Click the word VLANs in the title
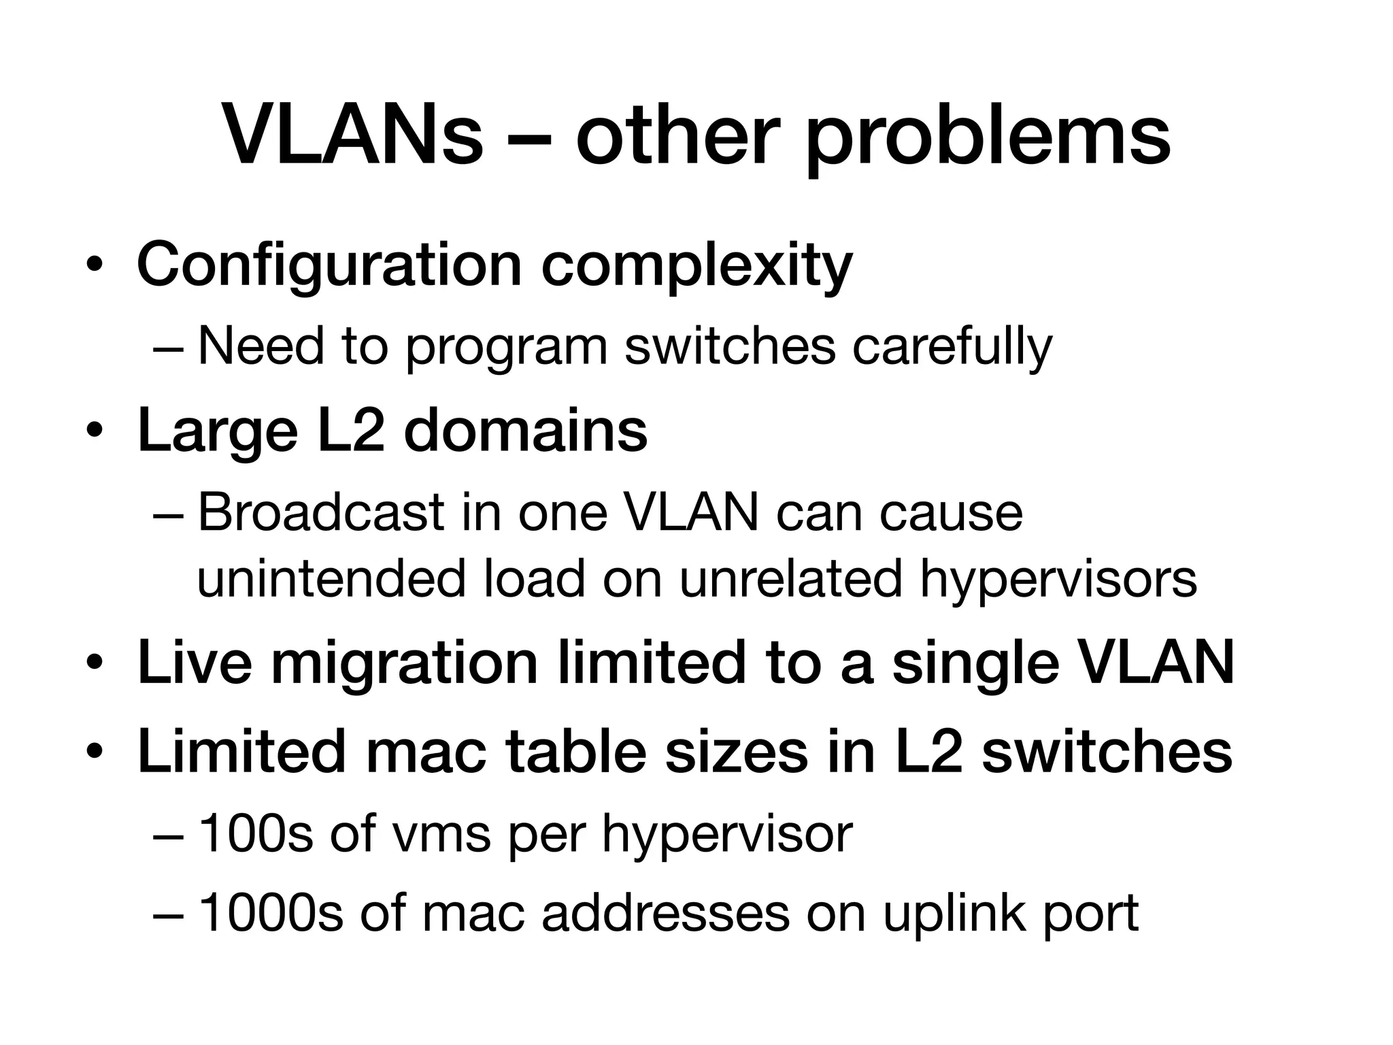(352, 136)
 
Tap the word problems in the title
(988, 139)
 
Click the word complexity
(696, 267)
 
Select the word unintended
(331, 580)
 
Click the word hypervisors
(1058, 582)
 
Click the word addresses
(665, 913)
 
